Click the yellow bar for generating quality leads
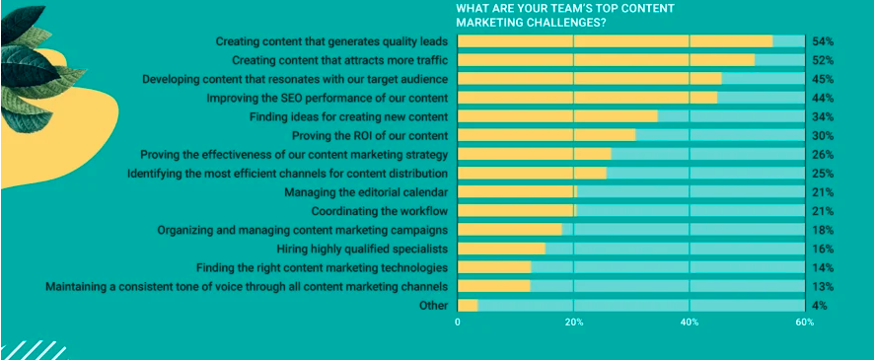coord(615,41)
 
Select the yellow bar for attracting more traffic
coord(606,60)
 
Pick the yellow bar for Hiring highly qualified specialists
coord(501,249)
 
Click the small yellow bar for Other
coord(468,305)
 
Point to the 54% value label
coord(823,41)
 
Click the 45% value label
coord(823,79)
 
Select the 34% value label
coord(823,116)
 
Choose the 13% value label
coord(823,286)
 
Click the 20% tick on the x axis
coord(574,323)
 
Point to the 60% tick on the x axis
coord(805,323)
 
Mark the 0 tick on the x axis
coord(458,323)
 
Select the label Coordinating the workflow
coord(380,211)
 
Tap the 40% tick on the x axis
coord(690,323)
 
